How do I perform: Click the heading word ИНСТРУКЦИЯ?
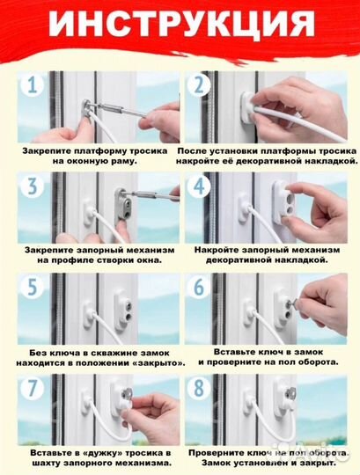(182, 24)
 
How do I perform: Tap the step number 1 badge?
(33, 84)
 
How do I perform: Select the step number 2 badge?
(199, 84)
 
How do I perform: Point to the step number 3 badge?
(33, 186)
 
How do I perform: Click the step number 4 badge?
(199, 186)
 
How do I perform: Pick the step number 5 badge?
(33, 287)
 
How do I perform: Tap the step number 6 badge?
(199, 287)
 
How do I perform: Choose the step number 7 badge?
(33, 388)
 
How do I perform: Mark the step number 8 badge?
(199, 388)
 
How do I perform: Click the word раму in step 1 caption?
(124, 161)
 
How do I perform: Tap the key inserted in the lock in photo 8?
(290, 393)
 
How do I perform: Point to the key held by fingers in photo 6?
(293, 302)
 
